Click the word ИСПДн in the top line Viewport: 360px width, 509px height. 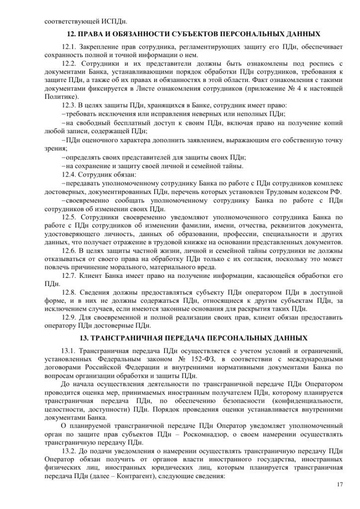115,22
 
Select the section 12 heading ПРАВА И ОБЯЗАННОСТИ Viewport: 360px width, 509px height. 193,35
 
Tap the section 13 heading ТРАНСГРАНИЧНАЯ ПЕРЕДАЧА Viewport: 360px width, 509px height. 193,339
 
